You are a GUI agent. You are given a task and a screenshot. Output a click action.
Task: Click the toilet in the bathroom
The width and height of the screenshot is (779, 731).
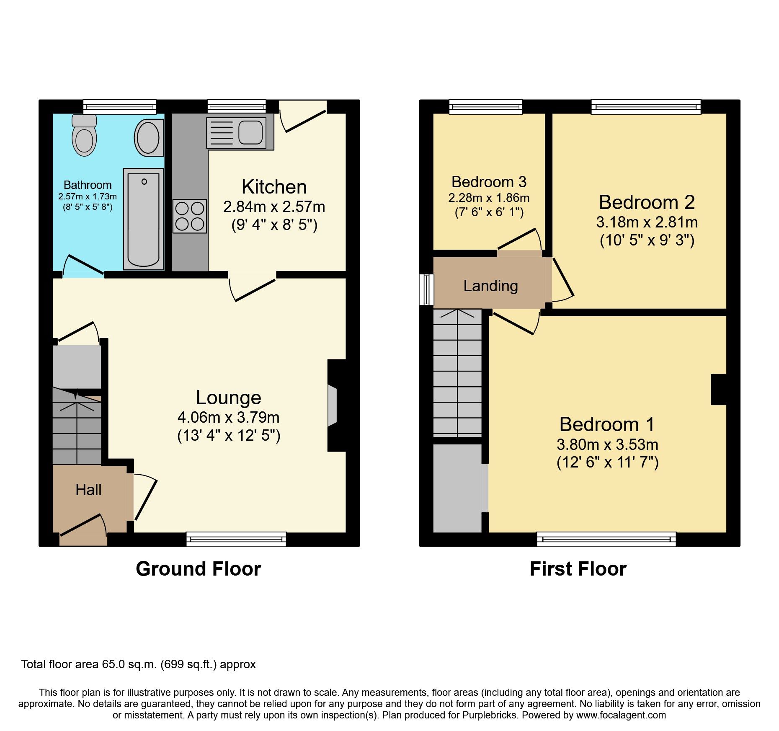click(x=84, y=135)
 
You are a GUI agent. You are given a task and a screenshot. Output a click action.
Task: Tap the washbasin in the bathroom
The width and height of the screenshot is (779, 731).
click(x=149, y=137)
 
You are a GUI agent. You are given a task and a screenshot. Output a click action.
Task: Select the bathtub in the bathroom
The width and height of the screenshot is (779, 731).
click(x=143, y=219)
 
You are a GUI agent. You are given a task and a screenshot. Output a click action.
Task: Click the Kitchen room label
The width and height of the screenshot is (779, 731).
click(x=274, y=187)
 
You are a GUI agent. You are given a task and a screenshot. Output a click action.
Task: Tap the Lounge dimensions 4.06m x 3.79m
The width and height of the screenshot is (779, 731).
click(x=229, y=417)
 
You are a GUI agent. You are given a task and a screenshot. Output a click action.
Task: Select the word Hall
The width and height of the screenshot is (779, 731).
click(x=88, y=490)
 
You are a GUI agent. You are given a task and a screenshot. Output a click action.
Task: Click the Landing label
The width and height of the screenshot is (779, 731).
click(x=490, y=286)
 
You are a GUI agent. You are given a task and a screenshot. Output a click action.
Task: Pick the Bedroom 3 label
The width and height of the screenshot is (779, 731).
click(x=489, y=182)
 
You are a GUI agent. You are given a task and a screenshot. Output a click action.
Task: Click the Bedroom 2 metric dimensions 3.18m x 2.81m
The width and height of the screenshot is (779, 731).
click(x=647, y=222)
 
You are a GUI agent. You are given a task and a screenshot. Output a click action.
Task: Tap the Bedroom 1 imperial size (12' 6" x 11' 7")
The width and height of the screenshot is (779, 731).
click(x=607, y=462)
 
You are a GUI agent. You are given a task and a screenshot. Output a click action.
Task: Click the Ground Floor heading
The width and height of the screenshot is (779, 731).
click(x=199, y=569)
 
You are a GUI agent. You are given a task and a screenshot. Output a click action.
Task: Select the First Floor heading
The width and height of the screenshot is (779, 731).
click(x=578, y=569)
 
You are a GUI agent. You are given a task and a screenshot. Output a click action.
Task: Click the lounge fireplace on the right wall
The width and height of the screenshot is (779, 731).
click(x=337, y=406)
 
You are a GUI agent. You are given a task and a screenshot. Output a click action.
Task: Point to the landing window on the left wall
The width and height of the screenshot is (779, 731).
click(x=426, y=289)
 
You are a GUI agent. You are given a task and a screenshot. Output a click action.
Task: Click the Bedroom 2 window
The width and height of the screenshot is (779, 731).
click(x=646, y=107)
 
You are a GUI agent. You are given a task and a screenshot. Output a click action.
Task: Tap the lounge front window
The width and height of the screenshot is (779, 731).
click(x=236, y=539)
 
